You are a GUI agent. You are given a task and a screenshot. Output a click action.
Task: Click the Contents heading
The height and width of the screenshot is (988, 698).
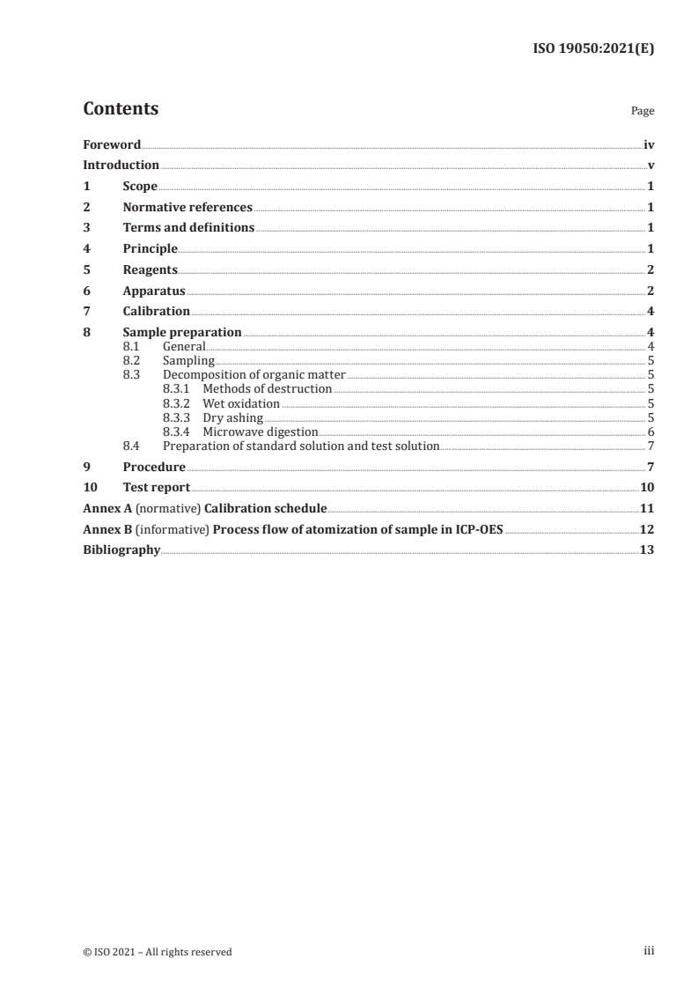(x=121, y=109)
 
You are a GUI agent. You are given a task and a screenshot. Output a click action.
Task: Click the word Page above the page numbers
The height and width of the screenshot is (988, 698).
(x=643, y=112)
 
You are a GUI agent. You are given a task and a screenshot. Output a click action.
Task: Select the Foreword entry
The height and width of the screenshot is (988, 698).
(x=112, y=144)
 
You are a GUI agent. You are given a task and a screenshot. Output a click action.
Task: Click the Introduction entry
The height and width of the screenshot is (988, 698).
(x=121, y=166)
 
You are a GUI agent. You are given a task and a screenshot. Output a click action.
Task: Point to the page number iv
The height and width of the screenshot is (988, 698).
(x=649, y=144)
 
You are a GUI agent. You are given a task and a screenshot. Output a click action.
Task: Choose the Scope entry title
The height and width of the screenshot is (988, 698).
(x=140, y=187)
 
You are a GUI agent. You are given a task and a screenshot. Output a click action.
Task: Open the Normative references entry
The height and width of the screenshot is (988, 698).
(x=187, y=208)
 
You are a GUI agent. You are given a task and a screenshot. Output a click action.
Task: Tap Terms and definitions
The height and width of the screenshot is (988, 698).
(x=188, y=228)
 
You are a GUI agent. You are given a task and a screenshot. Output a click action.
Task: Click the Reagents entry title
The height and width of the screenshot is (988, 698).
(x=151, y=269)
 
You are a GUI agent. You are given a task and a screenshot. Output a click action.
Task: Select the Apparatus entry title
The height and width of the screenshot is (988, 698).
(x=154, y=291)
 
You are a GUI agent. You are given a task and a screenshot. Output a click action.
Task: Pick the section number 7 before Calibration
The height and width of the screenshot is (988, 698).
(x=86, y=311)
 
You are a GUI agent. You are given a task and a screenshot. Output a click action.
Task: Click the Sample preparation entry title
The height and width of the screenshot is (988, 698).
(x=182, y=333)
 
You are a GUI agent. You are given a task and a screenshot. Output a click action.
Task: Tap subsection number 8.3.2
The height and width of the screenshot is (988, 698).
(x=177, y=403)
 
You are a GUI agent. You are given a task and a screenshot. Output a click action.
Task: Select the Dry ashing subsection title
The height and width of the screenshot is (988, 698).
(x=232, y=417)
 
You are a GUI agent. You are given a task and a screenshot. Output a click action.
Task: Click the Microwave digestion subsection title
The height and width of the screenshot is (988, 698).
(x=260, y=431)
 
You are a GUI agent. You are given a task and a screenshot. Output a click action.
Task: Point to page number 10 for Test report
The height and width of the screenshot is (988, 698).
(x=647, y=488)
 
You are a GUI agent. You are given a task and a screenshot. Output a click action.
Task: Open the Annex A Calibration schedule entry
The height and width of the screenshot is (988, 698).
(x=204, y=509)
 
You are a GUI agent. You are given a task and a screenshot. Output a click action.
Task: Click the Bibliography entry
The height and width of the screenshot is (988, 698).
(x=121, y=549)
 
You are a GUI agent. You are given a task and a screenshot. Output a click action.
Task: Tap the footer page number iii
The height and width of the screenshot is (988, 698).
(x=650, y=951)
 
